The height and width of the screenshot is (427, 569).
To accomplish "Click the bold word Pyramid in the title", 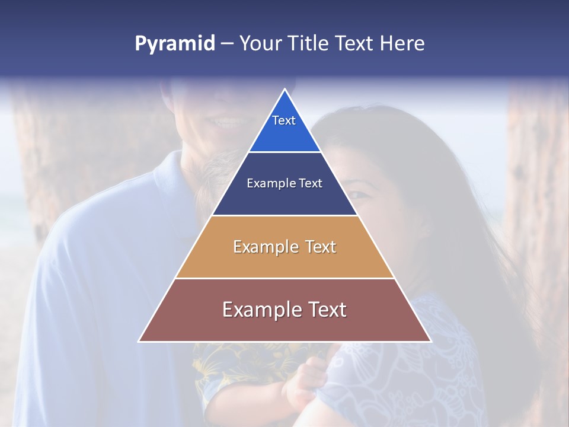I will (175, 44).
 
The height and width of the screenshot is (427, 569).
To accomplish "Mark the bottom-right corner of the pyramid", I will (430, 341).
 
